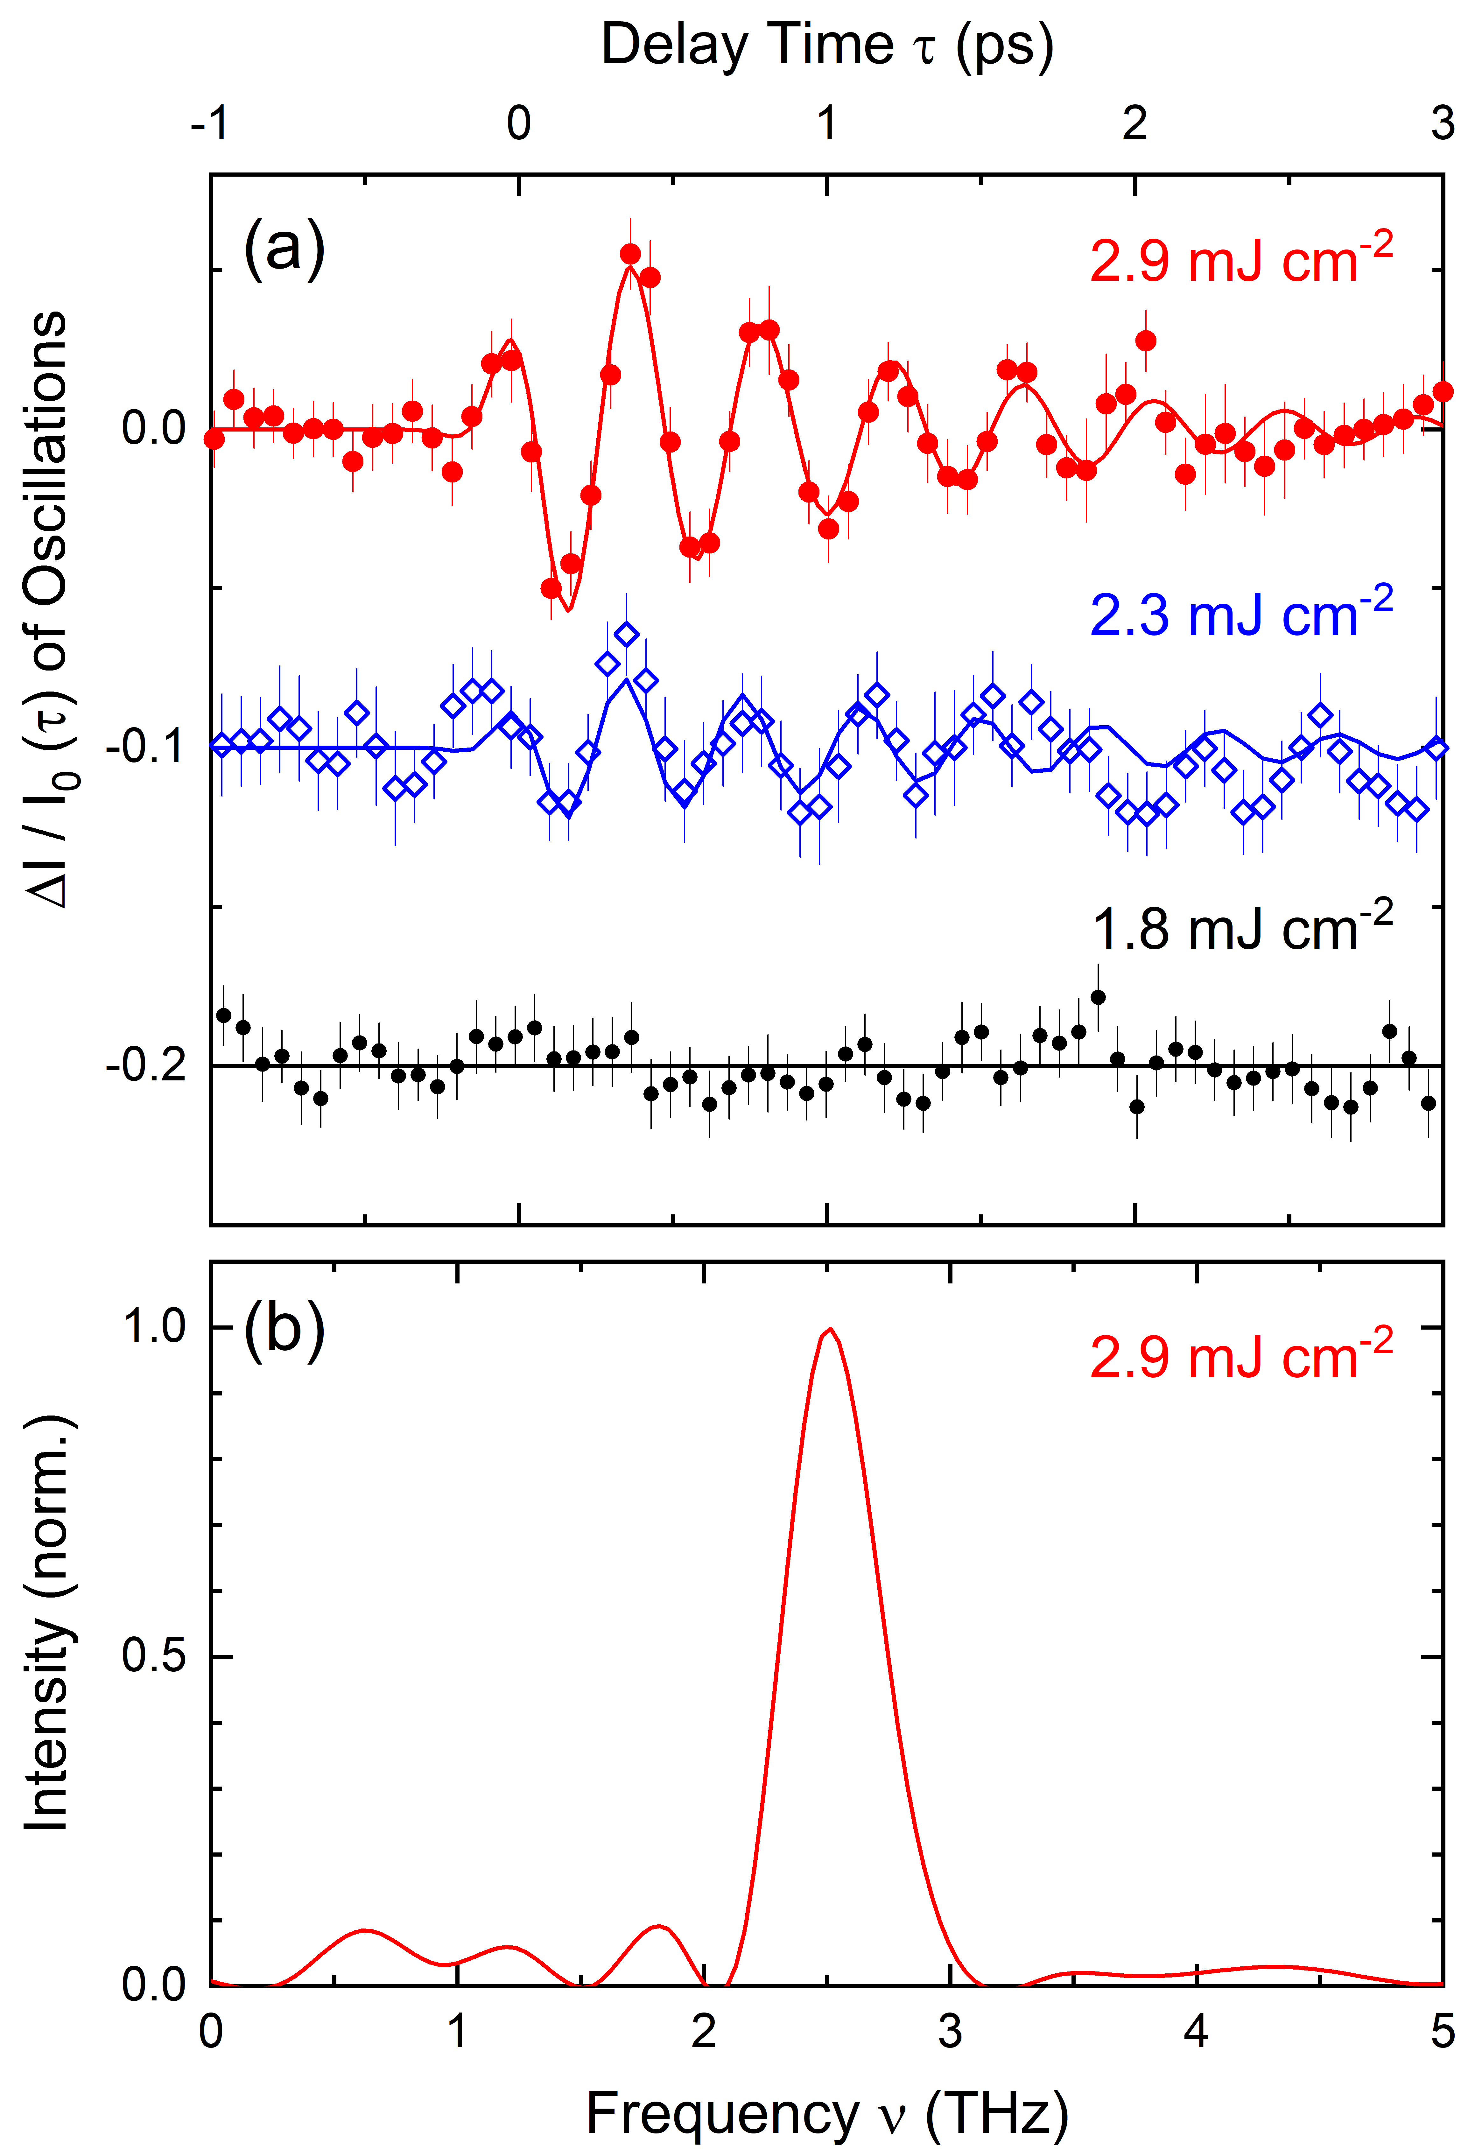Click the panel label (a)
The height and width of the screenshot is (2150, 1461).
click(x=284, y=247)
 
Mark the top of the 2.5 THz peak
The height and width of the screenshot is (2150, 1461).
click(x=830, y=1329)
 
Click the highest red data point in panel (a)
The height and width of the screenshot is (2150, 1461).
click(x=630, y=254)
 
